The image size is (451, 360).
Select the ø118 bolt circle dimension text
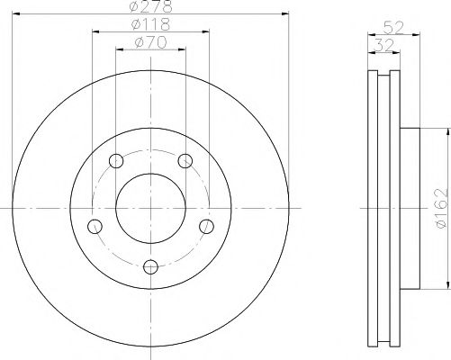coord(149,25)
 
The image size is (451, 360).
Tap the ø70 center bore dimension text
coord(149,41)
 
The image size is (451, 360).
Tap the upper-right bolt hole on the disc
coord(185,161)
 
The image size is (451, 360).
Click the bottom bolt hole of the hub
coord(150,265)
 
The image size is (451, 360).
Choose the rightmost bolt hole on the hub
coord(206,225)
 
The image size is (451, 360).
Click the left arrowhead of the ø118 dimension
coord(95,31)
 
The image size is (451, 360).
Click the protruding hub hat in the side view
coord(410,209)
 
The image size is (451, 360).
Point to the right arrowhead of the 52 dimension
coord(418,35)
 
